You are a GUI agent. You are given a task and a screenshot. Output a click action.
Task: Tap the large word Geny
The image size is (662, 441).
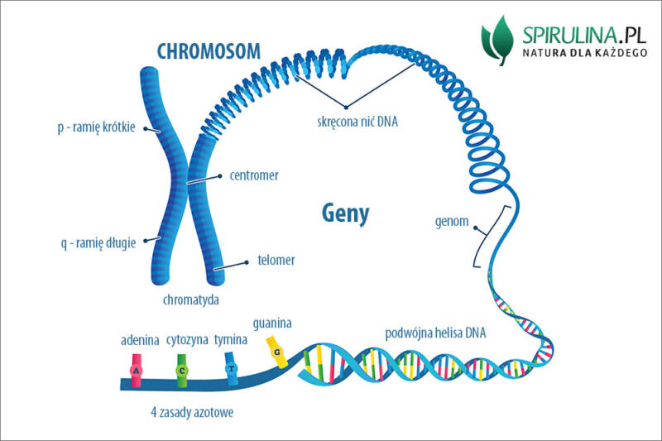click(x=345, y=213)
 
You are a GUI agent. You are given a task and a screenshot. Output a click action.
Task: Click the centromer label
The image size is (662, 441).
click(x=253, y=175)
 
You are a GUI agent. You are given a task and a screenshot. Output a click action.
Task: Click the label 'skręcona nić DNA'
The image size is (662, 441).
click(x=357, y=122)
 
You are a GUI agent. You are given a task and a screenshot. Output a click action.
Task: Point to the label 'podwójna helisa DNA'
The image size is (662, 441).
click(x=436, y=333)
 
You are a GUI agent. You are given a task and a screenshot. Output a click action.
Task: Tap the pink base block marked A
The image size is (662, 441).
click(x=137, y=370)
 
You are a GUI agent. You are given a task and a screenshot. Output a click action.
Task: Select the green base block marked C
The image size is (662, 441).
click(x=182, y=370)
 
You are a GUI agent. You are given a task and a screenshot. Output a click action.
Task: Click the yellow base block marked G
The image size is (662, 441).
click(x=278, y=351)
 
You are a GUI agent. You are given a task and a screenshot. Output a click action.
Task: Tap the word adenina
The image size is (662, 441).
click(x=140, y=340)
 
